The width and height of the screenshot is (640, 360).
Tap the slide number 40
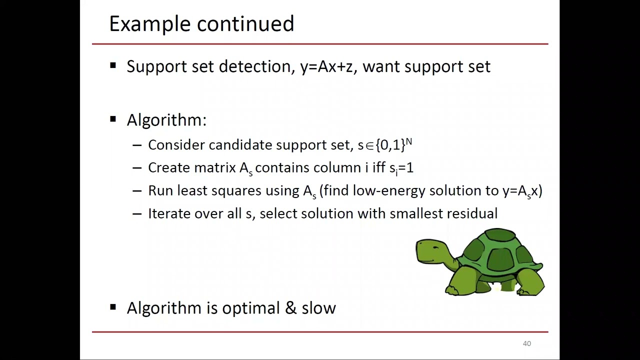pos(526,343)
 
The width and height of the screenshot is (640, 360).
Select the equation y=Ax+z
pos(326,66)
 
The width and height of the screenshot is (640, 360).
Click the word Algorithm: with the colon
pos(166,120)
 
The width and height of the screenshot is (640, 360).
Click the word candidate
pos(240,145)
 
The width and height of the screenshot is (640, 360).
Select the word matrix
pos(214,168)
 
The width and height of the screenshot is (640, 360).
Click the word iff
pos(379,168)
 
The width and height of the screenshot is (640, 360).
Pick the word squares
pos(236,191)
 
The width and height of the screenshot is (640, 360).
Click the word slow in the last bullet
pos(318,308)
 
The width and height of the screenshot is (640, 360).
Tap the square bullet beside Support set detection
pos(113,65)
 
